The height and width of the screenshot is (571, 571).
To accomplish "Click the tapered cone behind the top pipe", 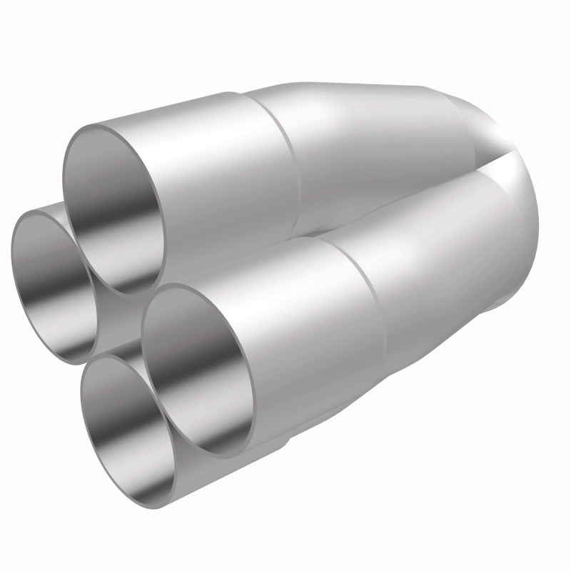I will (371, 143).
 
